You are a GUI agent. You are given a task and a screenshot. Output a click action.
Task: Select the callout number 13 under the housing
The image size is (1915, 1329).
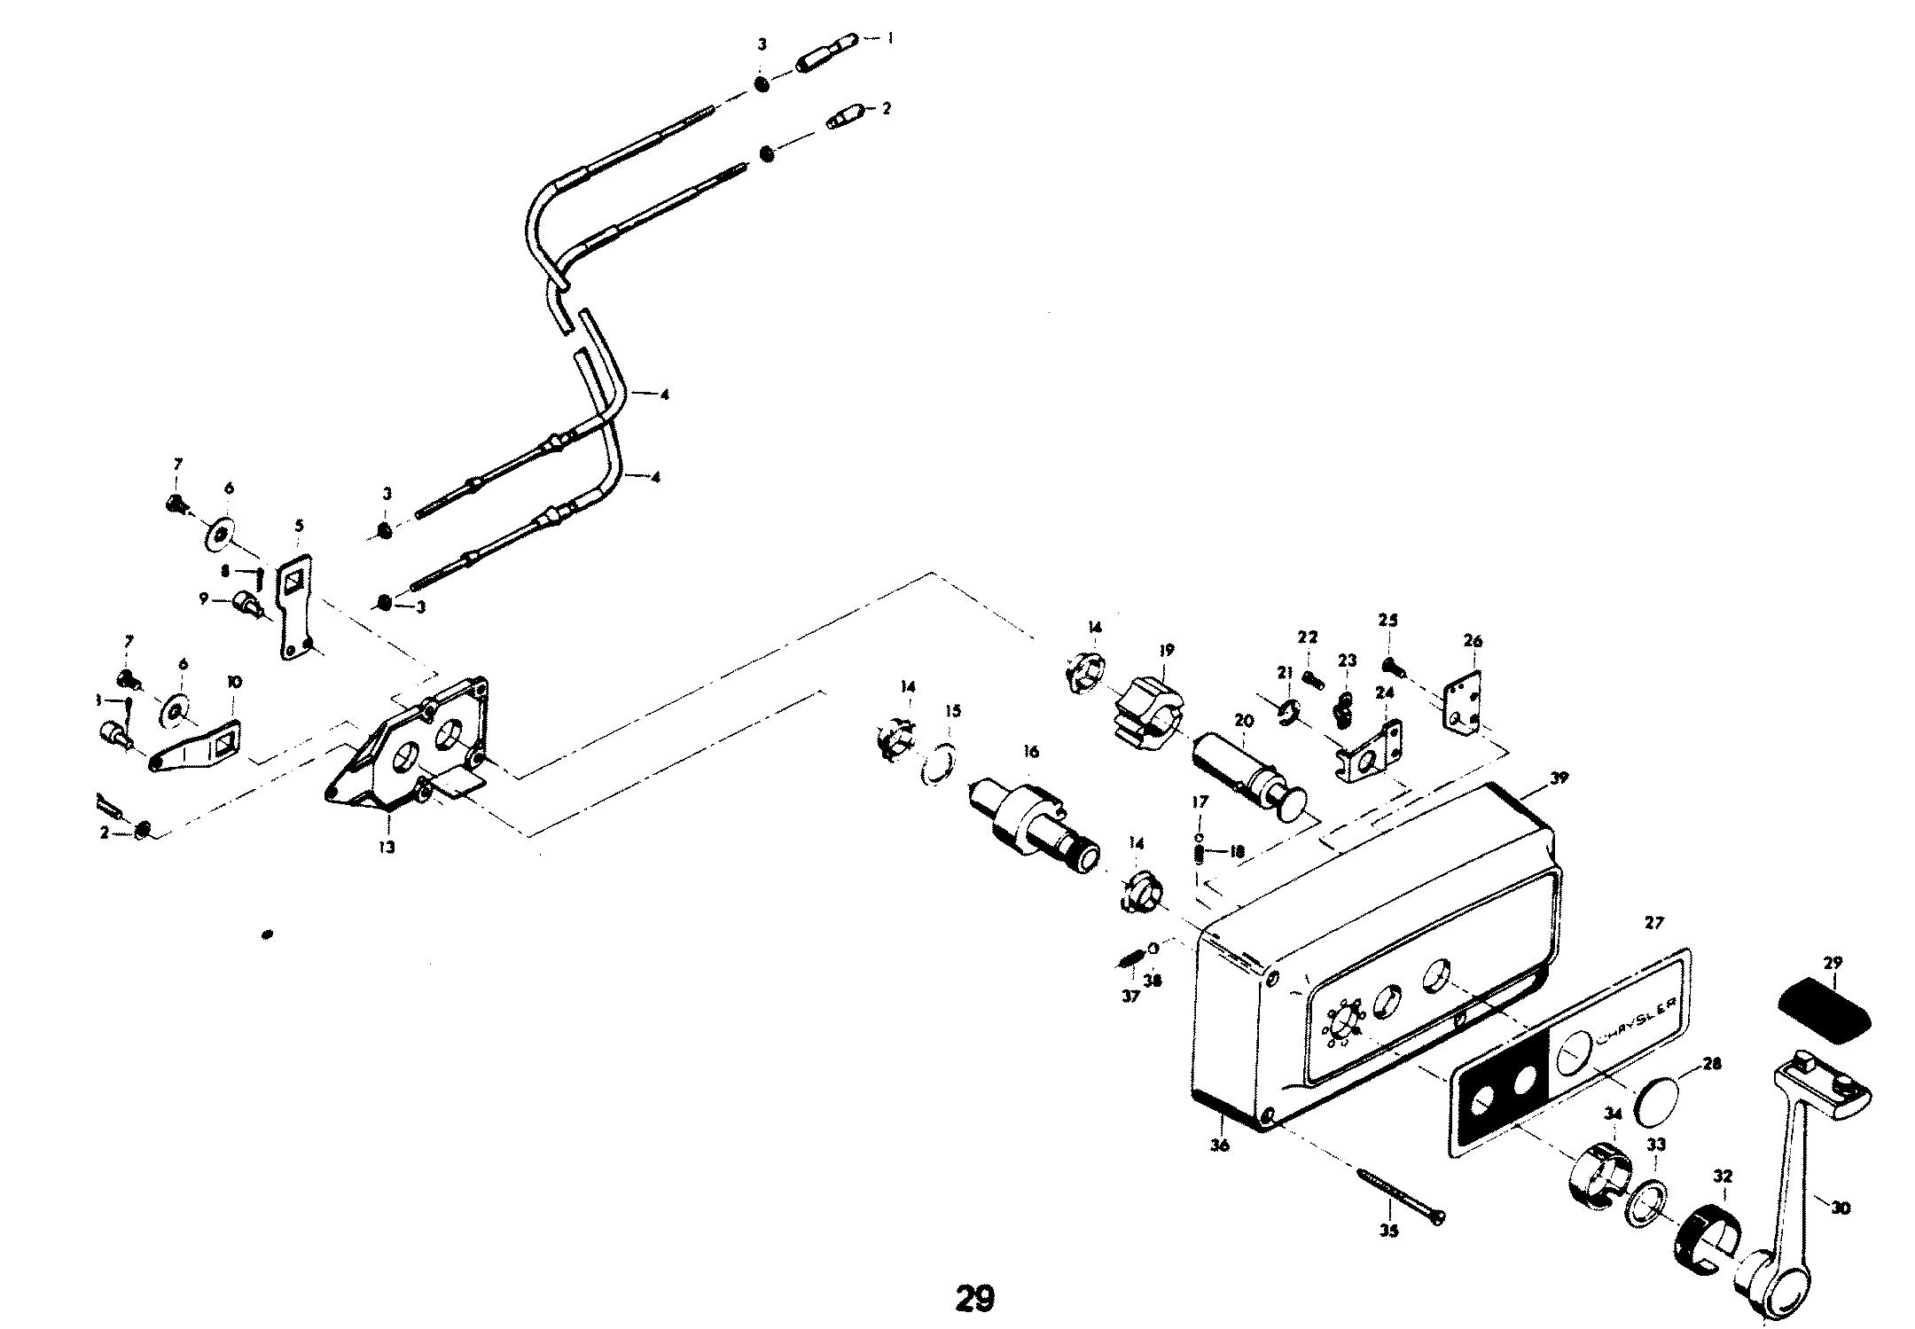[x=387, y=847]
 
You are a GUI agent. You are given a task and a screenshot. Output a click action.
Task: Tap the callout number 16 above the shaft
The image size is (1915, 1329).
[x=1030, y=752]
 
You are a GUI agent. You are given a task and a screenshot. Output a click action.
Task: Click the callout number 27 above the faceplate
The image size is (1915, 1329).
[x=1653, y=923]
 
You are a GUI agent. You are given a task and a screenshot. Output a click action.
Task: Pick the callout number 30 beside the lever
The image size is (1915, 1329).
[x=1841, y=1208]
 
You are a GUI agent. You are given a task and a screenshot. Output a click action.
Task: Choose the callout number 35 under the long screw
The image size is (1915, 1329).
[x=1388, y=1231]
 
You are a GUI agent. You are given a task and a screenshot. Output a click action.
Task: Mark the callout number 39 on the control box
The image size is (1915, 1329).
[x=1559, y=778]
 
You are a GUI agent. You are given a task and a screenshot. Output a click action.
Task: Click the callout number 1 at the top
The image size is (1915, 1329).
[x=890, y=38]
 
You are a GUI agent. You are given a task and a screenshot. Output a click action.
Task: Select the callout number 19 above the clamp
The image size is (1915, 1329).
[x=1167, y=650]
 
